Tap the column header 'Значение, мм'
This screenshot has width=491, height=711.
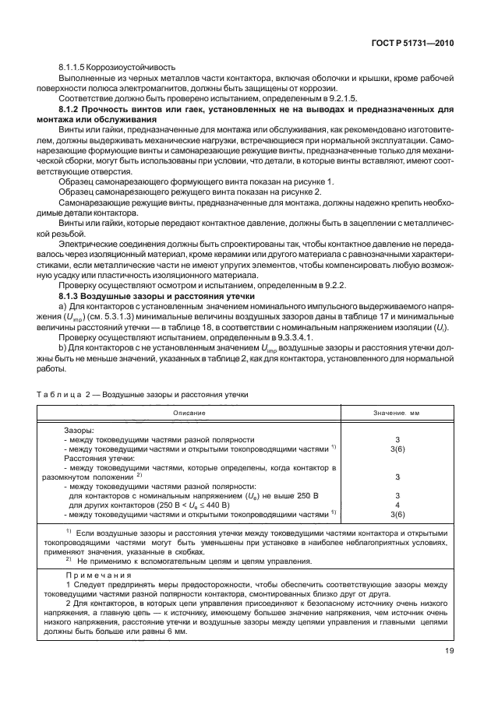(x=397, y=412)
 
